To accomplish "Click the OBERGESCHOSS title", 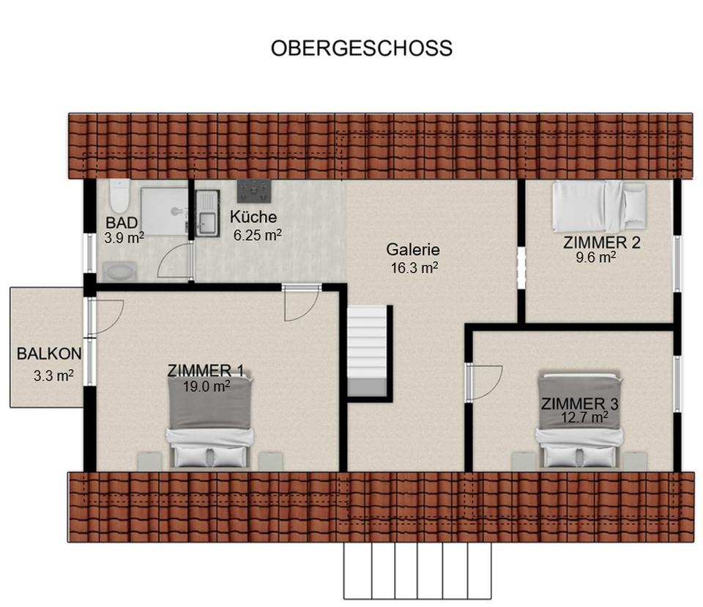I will (362, 48).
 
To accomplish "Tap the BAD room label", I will (122, 223).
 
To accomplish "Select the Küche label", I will (253, 217).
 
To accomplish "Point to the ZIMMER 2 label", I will (601, 242).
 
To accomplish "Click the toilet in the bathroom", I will (119, 195).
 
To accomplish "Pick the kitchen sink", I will (207, 213).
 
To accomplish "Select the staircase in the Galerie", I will (366, 351).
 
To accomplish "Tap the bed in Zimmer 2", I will (599, 206).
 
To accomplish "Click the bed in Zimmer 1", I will (210, 421).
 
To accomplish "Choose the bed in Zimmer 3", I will (579, 421).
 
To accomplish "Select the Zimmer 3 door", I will (483, 381).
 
